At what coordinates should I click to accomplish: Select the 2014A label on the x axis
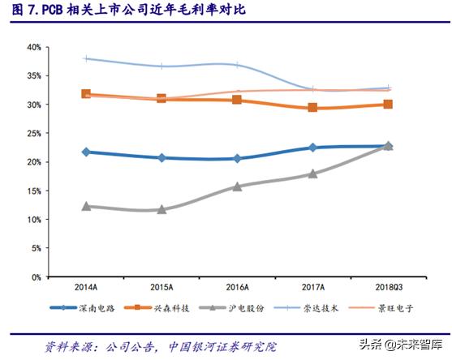point(86,288)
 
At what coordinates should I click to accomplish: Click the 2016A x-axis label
point(237,288)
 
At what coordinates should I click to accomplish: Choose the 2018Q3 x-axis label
point(388,288)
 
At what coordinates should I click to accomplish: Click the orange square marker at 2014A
point(86,94)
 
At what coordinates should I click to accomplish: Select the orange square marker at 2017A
point(312,108)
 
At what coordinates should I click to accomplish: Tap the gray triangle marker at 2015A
point(161,209)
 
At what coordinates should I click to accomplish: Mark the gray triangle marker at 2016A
point(237,186)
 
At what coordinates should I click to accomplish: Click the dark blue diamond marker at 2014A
point(86,152)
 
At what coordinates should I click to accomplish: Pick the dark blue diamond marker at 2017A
point(312,148)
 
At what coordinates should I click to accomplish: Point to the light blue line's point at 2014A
point(86,58)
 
